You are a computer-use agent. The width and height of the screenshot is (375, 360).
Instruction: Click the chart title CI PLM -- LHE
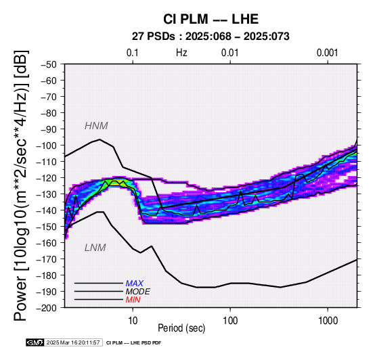(x=211, y=19)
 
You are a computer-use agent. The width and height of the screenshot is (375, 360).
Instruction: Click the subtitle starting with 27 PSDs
(x=211, y=37)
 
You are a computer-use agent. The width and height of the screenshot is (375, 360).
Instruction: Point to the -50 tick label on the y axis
(x=48, y=64)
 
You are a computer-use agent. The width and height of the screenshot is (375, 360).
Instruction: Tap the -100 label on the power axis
(x=47, y=145)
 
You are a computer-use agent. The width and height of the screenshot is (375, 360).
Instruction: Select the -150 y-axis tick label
(x=47, y=227)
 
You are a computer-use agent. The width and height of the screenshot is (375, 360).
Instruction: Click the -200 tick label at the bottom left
(x=47, y=308)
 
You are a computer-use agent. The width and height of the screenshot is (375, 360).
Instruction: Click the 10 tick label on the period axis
(x=133, y=321)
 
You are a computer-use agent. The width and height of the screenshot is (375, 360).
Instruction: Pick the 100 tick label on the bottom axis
(x=230, y=321)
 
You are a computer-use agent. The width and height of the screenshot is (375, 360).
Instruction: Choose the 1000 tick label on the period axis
(x=328, y=321)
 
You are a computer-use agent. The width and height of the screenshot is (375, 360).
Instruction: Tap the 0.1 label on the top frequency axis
(x=133, y=53)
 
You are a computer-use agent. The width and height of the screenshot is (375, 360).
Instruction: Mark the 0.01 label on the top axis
(x=230, y=53)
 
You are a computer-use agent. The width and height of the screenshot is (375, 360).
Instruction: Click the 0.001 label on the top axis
(x=327, y=53)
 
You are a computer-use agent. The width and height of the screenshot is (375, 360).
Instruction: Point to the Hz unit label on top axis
(x=181, y=53)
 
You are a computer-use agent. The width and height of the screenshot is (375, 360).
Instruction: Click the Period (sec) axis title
(x=181, y=328)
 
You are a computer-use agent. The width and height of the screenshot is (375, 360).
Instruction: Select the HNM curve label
(x=96, y=126)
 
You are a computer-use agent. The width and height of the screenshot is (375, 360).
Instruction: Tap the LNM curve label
(x=95, y=248)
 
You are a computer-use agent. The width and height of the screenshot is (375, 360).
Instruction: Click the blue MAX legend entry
(x=135, y=284)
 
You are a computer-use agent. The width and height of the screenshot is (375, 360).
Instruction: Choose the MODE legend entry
(x=138, y=292)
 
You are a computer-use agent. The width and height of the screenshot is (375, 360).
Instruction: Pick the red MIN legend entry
(x=133, y=300)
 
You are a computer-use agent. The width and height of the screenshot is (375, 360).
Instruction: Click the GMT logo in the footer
(x=35, y=342)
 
